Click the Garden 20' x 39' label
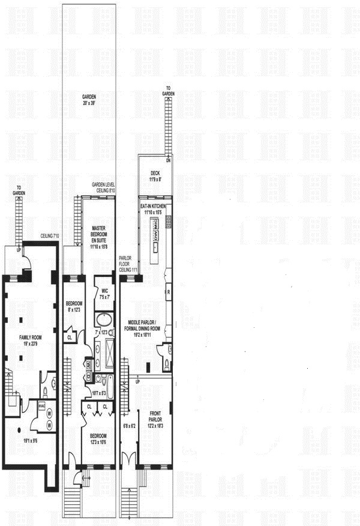[90, 98]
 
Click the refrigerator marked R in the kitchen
[169, 292]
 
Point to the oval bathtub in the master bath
[103, 318]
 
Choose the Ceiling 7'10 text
[49, 236]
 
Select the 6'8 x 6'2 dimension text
[129, 427]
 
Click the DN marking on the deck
[169, 161]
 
